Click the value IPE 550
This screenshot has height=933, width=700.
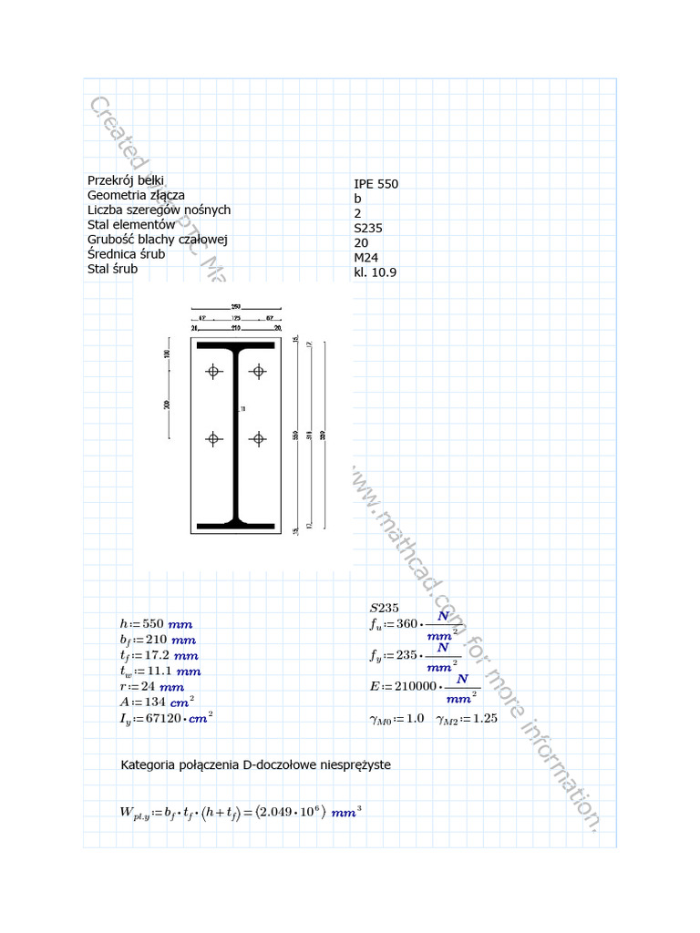(x=376, y=184)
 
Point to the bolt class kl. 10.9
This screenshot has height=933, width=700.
(x=375, y=272)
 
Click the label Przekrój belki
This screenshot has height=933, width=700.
(x=125, y=180)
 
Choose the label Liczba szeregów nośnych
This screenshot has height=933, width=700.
(x=159, y=210)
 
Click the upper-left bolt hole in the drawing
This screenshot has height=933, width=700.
(x=213, y=371)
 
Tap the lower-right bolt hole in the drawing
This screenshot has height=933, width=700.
(x=259, y=439)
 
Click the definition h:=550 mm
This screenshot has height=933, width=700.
(x=156, y=624)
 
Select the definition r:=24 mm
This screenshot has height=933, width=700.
(x=151, y=687)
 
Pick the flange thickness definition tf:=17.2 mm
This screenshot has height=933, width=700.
(x=159, y=656)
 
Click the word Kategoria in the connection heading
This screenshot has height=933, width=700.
(x=148, y=764)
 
